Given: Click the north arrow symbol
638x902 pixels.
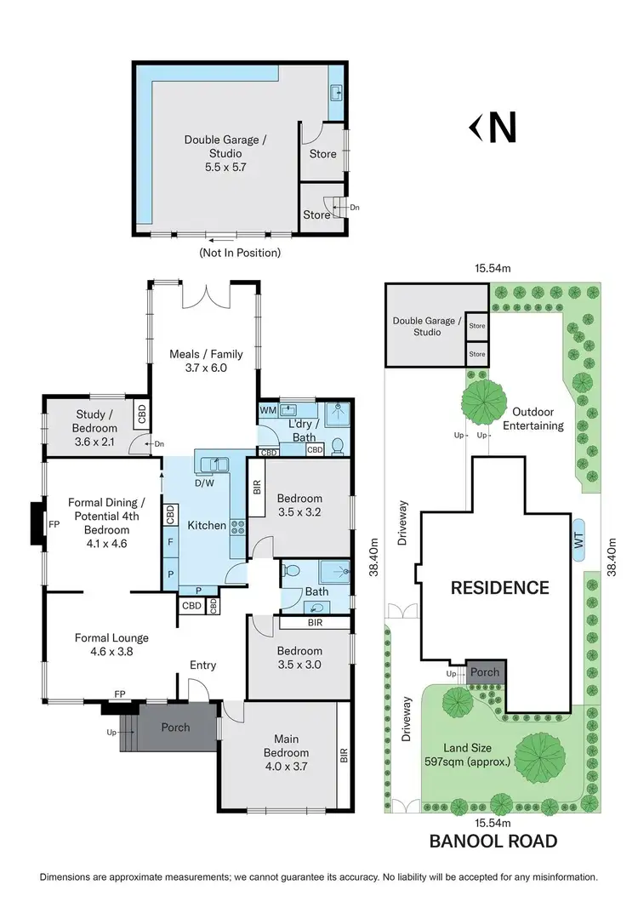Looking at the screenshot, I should [x=493, y=128].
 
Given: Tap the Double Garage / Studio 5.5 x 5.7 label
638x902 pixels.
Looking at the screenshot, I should [x=219, y=153].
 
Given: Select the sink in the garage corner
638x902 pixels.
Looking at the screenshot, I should [x=336, y=93].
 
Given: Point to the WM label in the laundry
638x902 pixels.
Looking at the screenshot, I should [x=268, y=410].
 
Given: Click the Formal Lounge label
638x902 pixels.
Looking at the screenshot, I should [x=111, y=644].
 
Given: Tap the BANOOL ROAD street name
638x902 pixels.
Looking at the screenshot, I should [x=493, y=842].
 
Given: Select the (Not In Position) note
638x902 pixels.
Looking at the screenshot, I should [x=239, y=253].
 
